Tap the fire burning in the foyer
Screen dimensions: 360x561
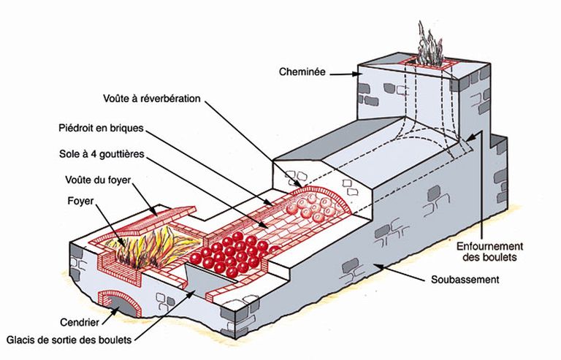(x=150, y=244)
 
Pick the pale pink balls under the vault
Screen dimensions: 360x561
(x=315, y=207)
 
